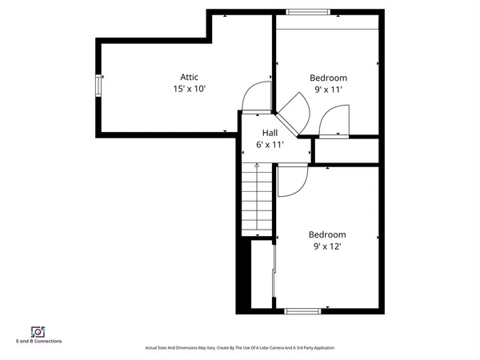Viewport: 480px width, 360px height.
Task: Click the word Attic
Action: (x=189, y=77)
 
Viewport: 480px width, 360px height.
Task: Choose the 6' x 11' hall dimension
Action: (x=270, y=145)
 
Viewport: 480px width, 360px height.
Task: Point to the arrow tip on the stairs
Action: (x=257, y=165)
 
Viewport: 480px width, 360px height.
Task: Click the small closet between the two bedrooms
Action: (x=346, y=150)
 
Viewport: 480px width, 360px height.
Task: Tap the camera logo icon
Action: (x=37, y=331)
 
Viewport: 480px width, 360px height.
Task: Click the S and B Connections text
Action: (x=38, y=342)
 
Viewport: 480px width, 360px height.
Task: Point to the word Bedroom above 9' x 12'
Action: (x=327, y=234)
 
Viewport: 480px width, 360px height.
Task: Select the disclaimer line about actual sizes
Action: (x=239, y=348)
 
